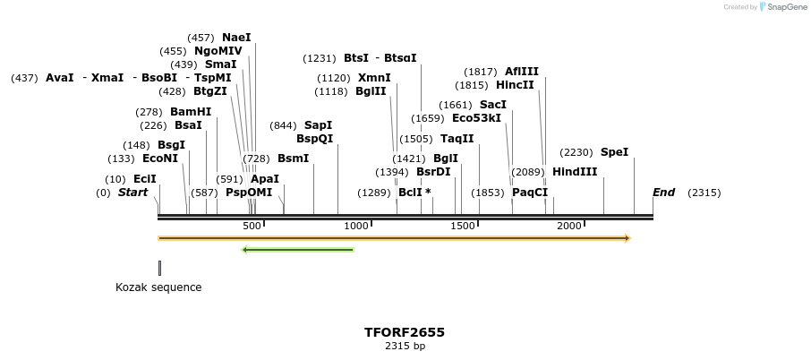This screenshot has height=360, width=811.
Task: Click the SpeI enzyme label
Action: point(614,152)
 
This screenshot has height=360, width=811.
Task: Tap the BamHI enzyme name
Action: point(191,112)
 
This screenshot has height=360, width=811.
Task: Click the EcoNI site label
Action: point(160,159)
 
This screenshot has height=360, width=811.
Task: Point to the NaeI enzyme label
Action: point(236,38)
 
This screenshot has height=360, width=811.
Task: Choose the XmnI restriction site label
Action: point(374,78)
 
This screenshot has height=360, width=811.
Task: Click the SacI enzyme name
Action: point(492,105)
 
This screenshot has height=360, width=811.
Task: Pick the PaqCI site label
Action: point(530,193)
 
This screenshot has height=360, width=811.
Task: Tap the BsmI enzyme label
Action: point(293,159)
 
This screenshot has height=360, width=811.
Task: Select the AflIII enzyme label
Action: point(522,72)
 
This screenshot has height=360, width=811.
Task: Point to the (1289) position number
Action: point(374,193)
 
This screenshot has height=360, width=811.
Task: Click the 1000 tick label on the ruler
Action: point(357,226)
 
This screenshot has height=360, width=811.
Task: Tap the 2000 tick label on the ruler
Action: point(569,226)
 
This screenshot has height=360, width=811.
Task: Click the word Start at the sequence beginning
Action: point(132,193)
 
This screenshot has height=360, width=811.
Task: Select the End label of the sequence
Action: point(663,193)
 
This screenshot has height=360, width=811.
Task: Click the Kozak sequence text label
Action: point(158,287)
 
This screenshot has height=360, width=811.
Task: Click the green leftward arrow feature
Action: point(298,250)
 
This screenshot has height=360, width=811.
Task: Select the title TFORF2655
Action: point(405,332)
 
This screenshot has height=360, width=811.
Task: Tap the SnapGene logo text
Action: point(785,7)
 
